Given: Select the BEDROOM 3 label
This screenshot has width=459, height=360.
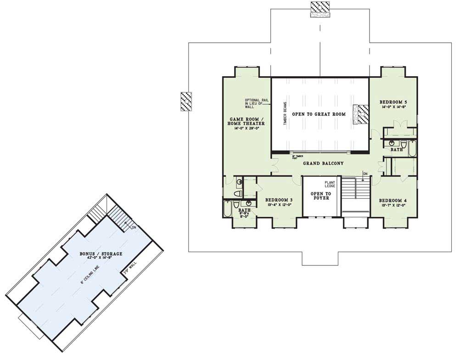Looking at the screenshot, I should point(279,200).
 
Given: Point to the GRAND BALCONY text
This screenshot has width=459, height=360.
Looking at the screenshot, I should point(323,163).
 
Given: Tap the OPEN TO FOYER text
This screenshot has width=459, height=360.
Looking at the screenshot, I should point(321,196).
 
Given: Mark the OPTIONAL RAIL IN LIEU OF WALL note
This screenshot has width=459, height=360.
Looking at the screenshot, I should point(253,104).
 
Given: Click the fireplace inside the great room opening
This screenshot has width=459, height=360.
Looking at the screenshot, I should point(361,114).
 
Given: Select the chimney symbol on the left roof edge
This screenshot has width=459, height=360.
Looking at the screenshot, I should point(186,101).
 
